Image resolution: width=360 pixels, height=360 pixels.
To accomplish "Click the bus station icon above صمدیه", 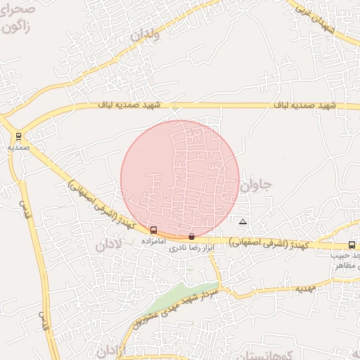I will [18, 136].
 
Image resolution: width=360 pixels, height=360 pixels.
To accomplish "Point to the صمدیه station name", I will [19, 148].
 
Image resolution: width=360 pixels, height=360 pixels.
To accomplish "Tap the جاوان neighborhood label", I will [255, 186].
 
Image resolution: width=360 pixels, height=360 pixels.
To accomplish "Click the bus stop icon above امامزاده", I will [154, 230].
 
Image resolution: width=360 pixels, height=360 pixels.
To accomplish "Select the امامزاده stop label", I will [153, 240].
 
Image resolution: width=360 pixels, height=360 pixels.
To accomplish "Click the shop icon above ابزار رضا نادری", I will [192, 237].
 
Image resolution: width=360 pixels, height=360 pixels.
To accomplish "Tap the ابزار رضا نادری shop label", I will [191, 248].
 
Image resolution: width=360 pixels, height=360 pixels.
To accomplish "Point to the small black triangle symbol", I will [243, 222].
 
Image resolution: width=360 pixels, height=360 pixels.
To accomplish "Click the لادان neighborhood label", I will [108, 245].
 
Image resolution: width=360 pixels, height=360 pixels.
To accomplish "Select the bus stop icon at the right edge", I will [352, 245].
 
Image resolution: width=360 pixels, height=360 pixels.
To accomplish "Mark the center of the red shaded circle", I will [180, 179].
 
